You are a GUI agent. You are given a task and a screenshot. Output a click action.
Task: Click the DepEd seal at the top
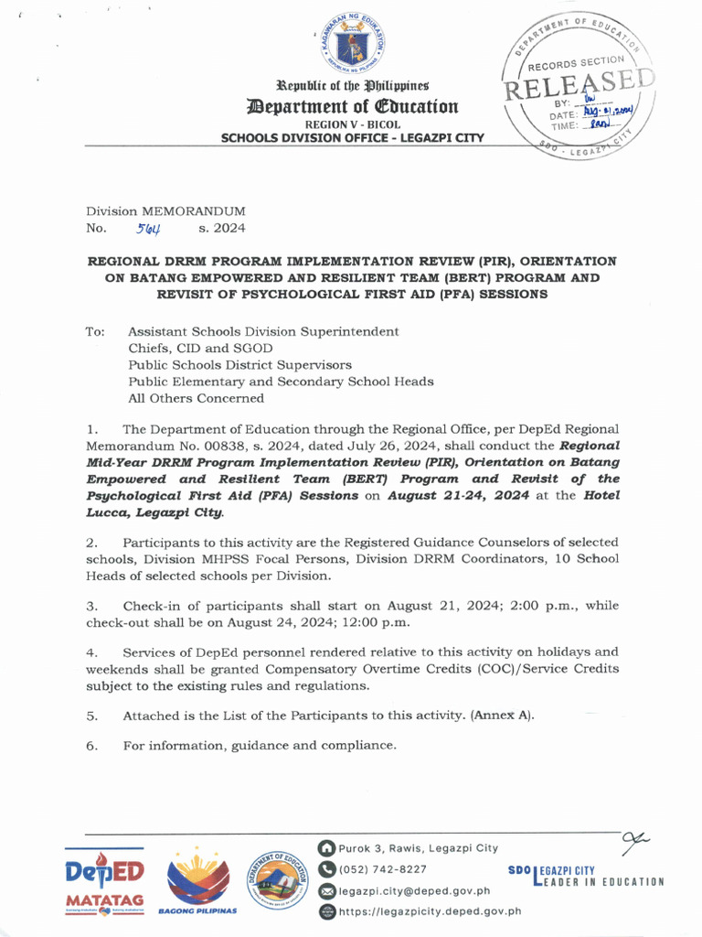351,45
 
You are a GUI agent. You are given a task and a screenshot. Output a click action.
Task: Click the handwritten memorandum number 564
149,229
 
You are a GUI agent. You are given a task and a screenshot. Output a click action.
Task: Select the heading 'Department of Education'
352,106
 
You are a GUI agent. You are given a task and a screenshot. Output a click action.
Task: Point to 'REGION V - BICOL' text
352,124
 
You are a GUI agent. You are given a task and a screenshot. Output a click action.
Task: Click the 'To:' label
96,331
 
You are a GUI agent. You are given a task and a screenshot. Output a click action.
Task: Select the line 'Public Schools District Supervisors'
239,364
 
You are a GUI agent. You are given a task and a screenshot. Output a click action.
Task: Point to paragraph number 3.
91,606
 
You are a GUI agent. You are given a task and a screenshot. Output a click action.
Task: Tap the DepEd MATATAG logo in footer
104,881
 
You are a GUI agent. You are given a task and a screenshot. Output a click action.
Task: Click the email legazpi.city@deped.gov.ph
414,890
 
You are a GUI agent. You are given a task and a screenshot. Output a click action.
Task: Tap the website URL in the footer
430,911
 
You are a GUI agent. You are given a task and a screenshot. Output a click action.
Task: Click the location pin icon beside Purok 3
326,848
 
